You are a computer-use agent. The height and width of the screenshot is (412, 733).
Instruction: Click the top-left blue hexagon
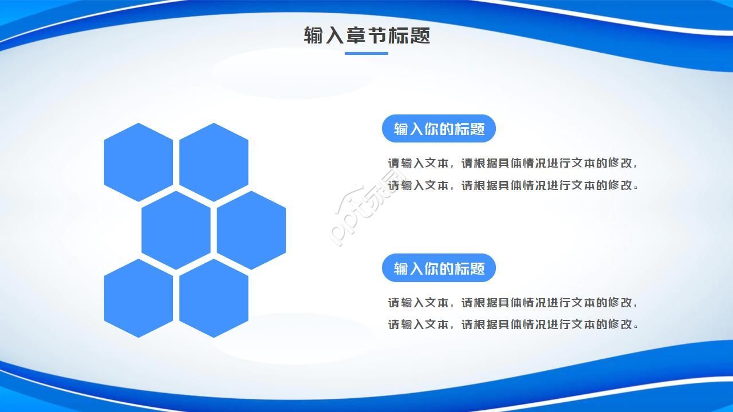click(x=138, y=162)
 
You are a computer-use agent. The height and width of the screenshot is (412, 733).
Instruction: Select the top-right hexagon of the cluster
click(x=214, y=162)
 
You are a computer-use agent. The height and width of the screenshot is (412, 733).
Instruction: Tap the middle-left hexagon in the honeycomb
click(x=176, y=230)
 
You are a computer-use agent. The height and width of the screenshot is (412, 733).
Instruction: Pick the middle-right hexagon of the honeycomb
click(x=251, y=230)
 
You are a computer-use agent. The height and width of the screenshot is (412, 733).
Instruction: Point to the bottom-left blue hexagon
click(x=138, y=298)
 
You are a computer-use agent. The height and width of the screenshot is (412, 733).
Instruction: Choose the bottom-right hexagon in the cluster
click(x=214, y=298)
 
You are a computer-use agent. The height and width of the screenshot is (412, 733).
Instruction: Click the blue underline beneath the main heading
click(x=366, y=54)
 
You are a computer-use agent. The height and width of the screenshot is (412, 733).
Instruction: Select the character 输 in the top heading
click(x=314, y=35)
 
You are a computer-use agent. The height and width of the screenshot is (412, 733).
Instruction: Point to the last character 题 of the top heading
click(x=420, y=35)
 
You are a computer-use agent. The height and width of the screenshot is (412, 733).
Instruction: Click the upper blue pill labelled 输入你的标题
click(x=439, y=129)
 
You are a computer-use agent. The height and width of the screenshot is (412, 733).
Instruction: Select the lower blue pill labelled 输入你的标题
click(x=439, y=268)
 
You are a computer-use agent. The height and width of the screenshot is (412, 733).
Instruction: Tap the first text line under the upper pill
click(x=513, y=163)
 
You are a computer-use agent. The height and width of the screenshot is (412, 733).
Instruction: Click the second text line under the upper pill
click(x=513, y=185)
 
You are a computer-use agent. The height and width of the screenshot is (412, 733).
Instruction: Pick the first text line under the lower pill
click(x=513, y=303)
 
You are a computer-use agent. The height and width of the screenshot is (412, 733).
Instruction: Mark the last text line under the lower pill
click(x=513, y=324)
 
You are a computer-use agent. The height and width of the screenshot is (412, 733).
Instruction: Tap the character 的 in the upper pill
click(x=447, y=129)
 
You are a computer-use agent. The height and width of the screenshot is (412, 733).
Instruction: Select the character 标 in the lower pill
click(x=462, y=268)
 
